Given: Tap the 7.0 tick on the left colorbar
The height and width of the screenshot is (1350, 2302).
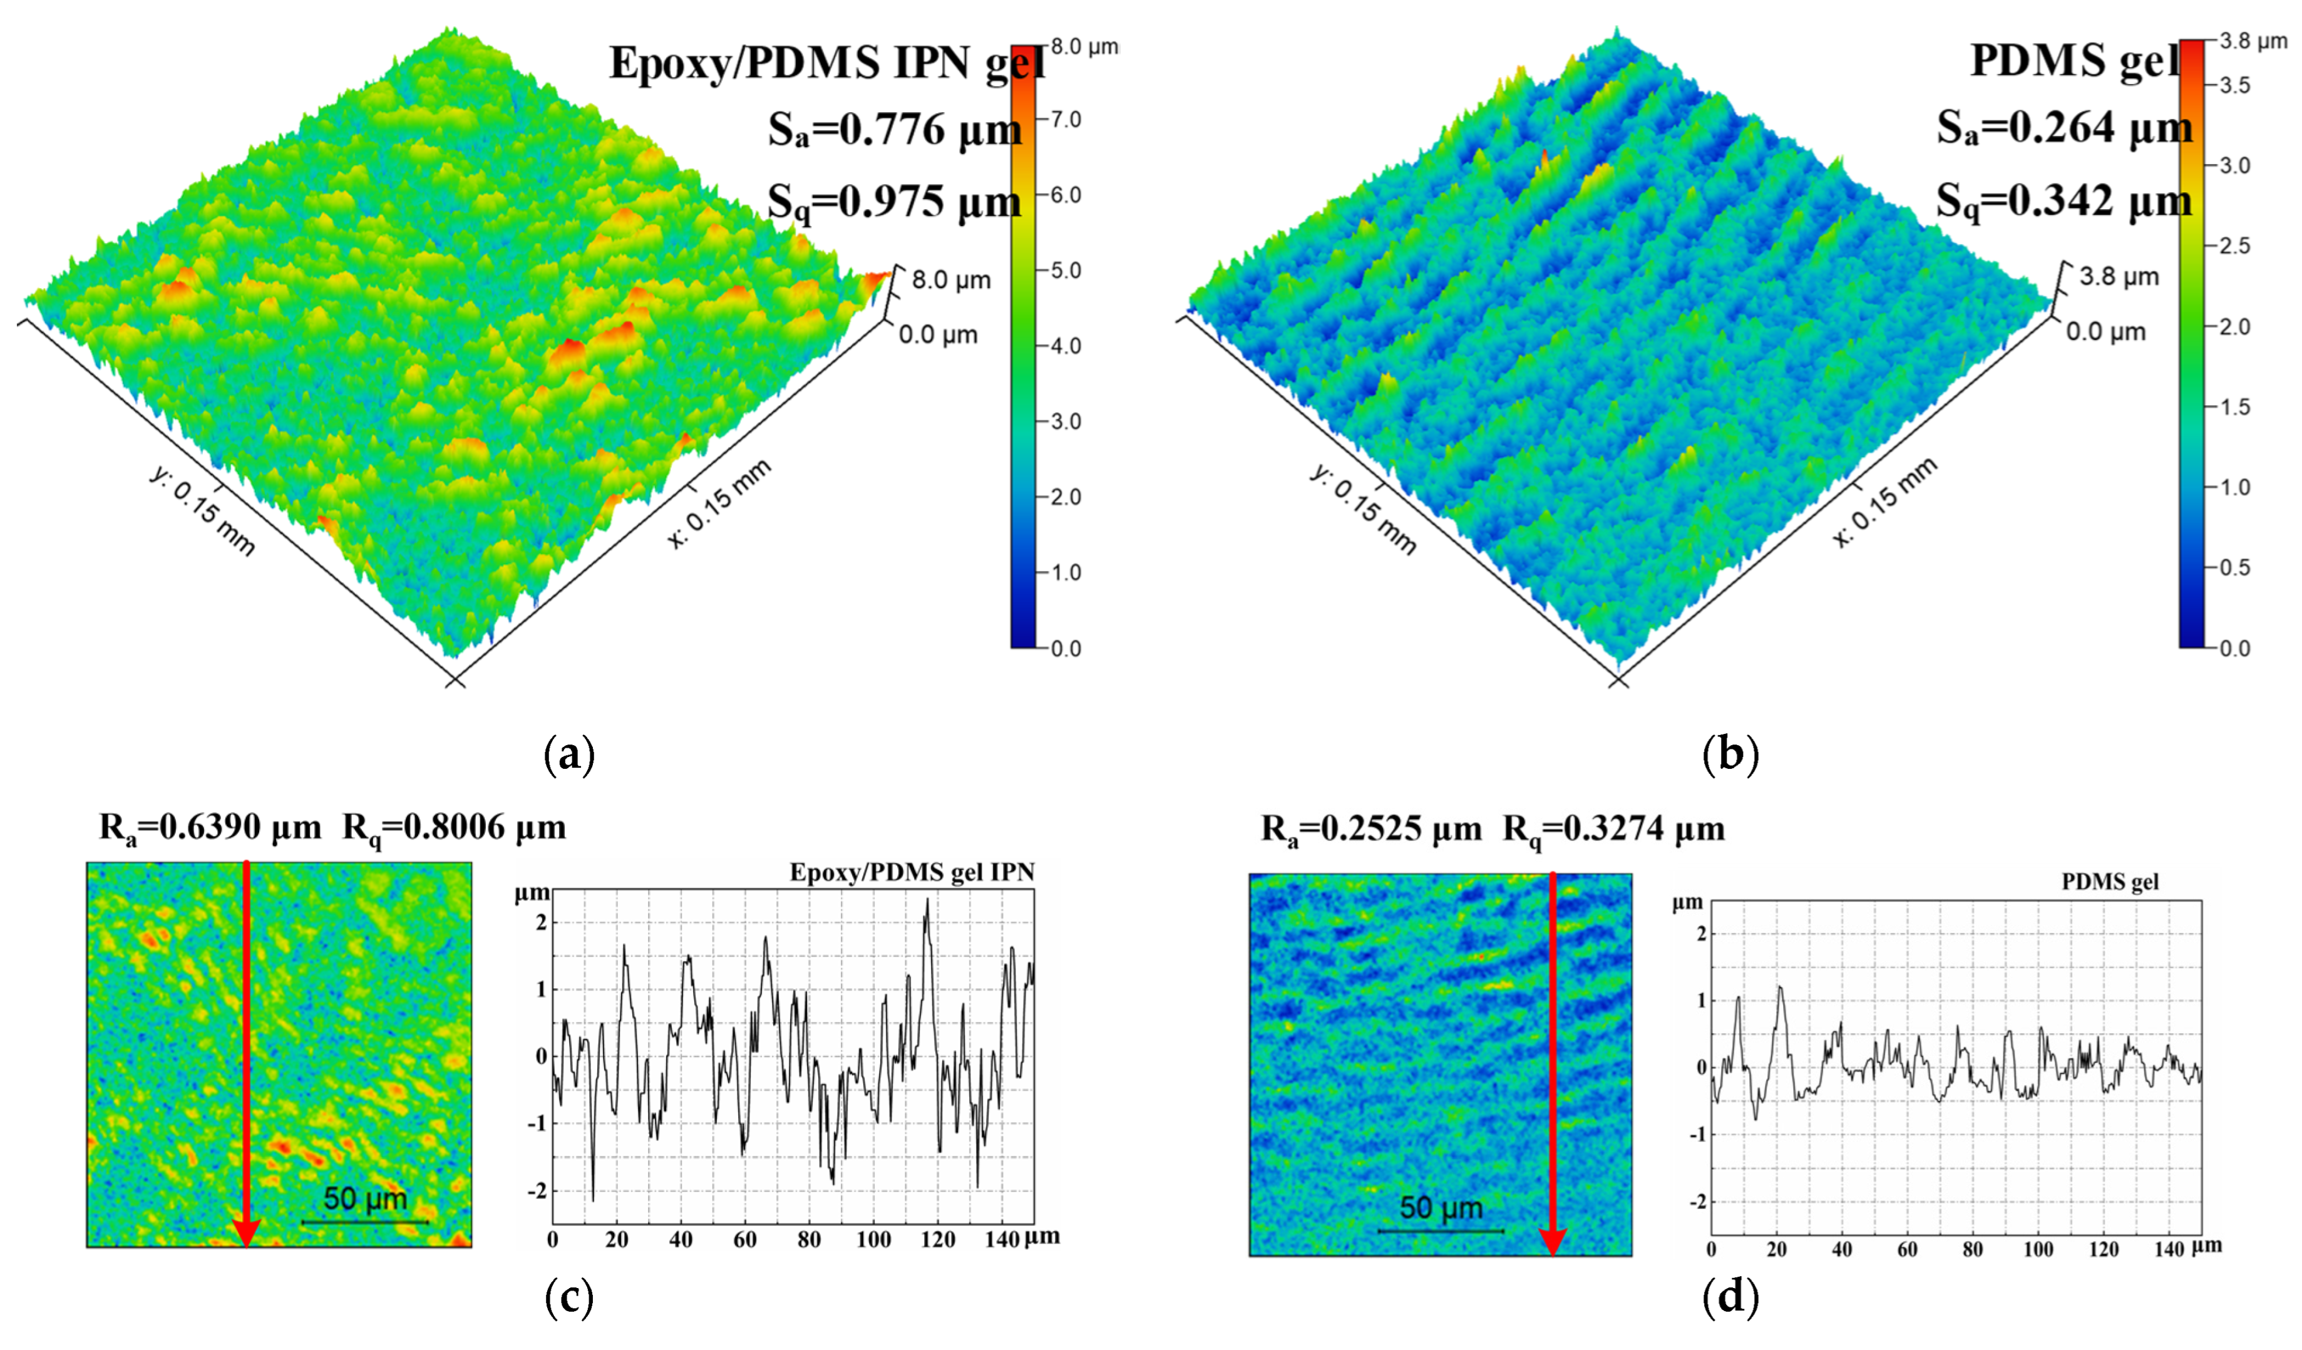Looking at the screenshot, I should [x=1065, y=120].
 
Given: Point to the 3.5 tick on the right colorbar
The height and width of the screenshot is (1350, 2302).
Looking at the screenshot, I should [x=2234, y=86].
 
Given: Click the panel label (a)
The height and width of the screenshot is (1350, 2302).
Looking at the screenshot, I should [x=569, y=755].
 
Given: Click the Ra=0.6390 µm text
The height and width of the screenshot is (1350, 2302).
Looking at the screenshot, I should [x=210, y=828].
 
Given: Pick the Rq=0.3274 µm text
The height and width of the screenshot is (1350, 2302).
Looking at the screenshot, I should [x=1613, y=830].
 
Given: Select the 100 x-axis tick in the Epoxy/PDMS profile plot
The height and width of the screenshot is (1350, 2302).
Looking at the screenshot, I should [x=873, y=1239].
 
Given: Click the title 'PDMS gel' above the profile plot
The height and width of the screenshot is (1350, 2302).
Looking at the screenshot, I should [x=2110, y=882].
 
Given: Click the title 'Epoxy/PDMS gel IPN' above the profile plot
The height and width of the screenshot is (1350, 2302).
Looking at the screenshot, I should [x=912, y=872].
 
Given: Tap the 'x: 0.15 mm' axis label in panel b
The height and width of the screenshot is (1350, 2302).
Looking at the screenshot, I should [x=1884, y=502].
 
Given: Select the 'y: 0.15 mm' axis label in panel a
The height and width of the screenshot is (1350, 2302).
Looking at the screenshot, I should [x=202, y=510].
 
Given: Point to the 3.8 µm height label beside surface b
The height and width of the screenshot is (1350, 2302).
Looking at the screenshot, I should [x=2119, y=277].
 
